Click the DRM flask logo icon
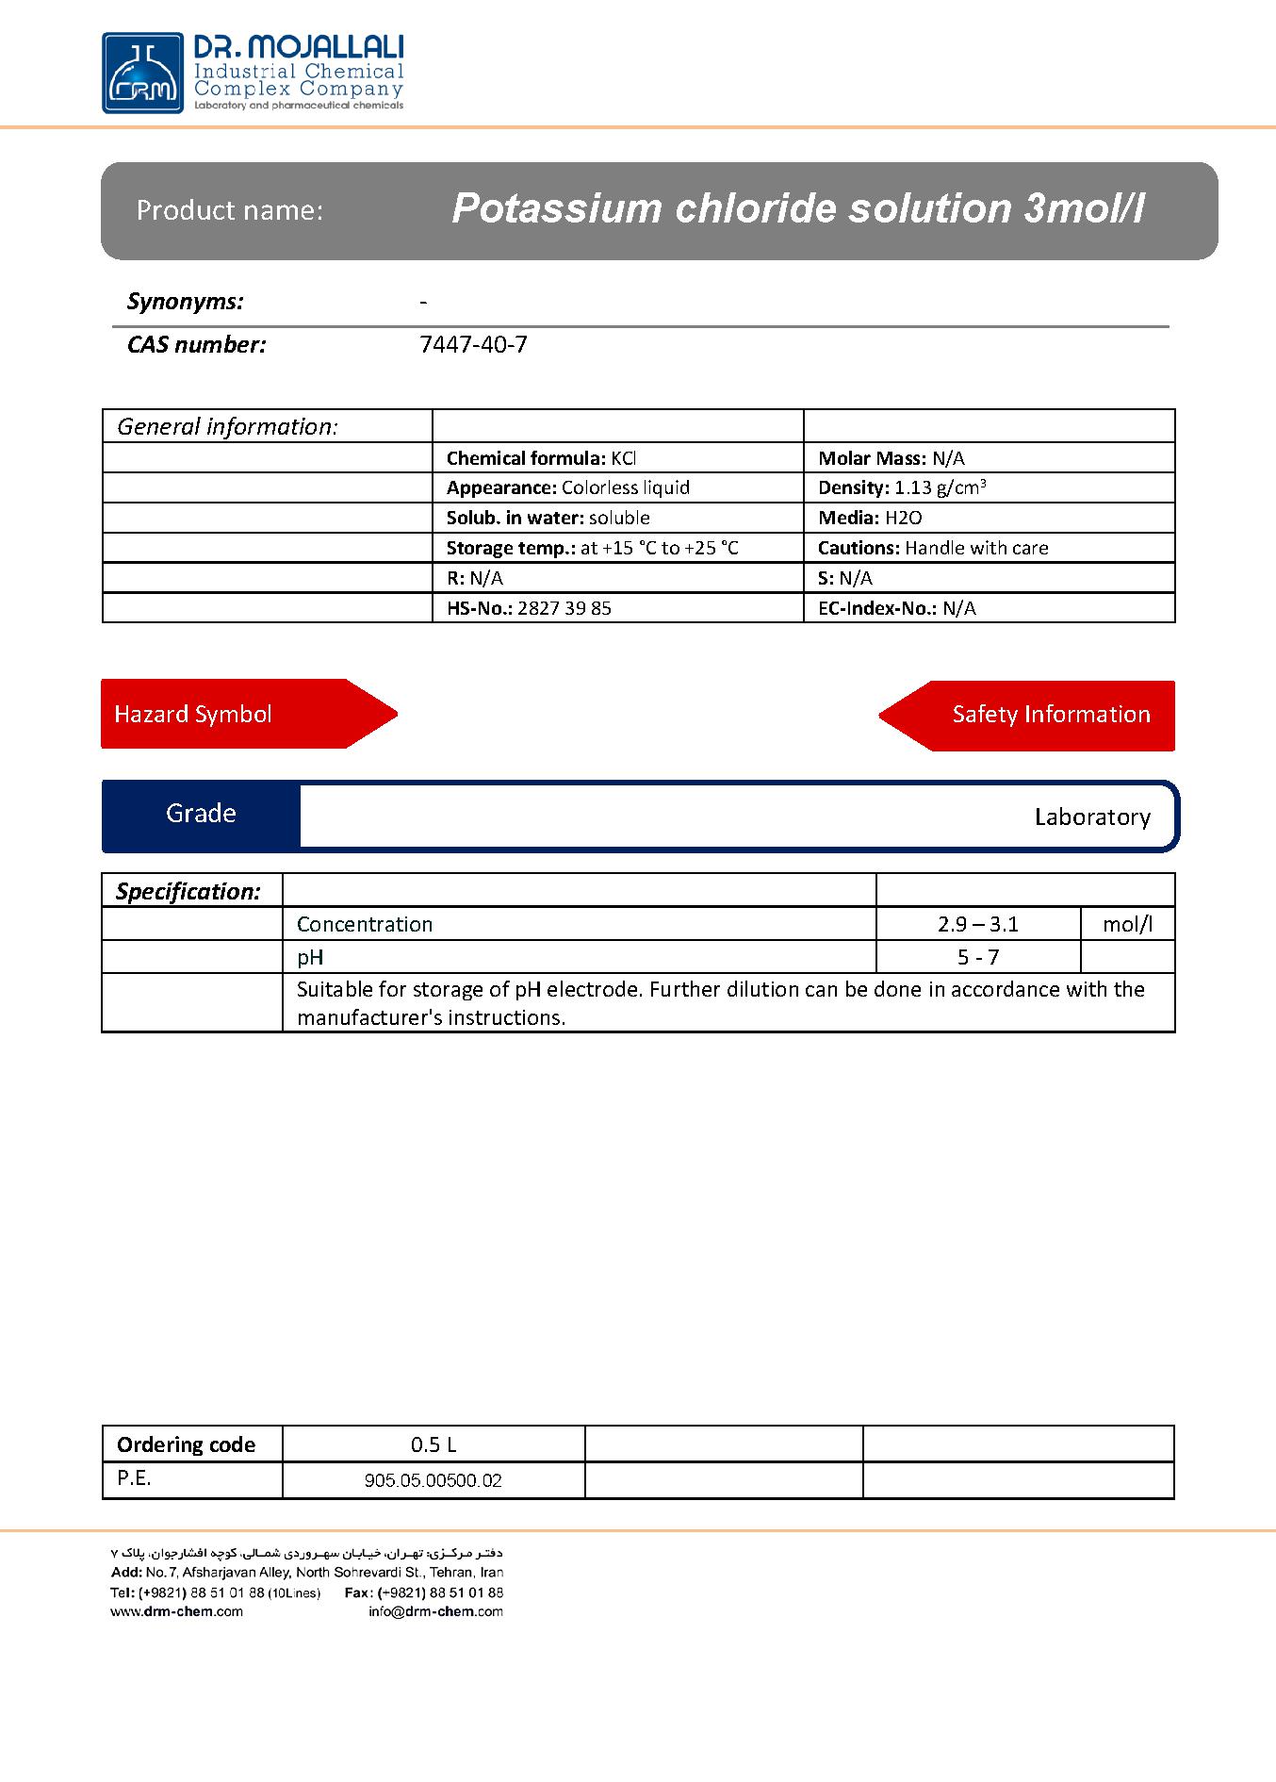point(143,74)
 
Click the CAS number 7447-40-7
point(473,345)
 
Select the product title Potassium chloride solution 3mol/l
point(797,208)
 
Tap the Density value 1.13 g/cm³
point(940,487)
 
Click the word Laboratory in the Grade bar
point(1091,817)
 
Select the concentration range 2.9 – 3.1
point(977,924)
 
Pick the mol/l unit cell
point(1127,924)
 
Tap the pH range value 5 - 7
point(977,957)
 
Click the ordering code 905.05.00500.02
point(433,1480)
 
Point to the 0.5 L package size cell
point(433,1444)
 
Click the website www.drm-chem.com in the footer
point(176,1611)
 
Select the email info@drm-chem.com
point(435,1611)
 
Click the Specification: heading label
point(188,891)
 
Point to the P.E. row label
point(134,1478)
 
